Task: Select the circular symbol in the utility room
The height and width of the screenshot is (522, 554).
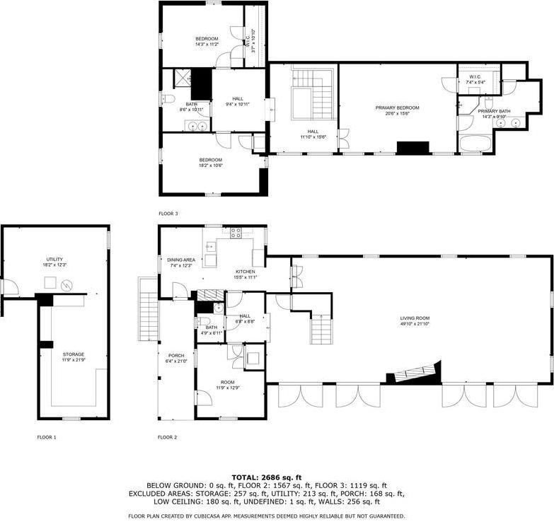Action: point(67,285)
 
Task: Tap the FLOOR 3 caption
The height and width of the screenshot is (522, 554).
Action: point(168,213)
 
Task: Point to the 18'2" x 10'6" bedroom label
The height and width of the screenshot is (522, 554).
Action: point(210,162)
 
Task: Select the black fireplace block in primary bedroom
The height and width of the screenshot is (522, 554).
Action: point(412,148)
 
